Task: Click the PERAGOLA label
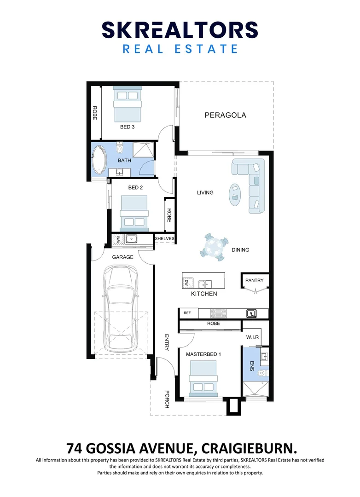click(225, 115)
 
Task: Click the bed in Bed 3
click(127, 105)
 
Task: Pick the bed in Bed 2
click(134, 213)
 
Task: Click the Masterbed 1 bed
click(203, 378)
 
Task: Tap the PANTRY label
click(254, 280)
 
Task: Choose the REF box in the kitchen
click(187, 313)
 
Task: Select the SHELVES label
click(164, 238)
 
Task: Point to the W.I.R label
click(253, 337)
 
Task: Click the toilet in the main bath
click(120, 149)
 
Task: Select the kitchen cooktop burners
click(219, 313)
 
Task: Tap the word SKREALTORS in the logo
click(180, 30)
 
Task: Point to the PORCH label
click(167, 399)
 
